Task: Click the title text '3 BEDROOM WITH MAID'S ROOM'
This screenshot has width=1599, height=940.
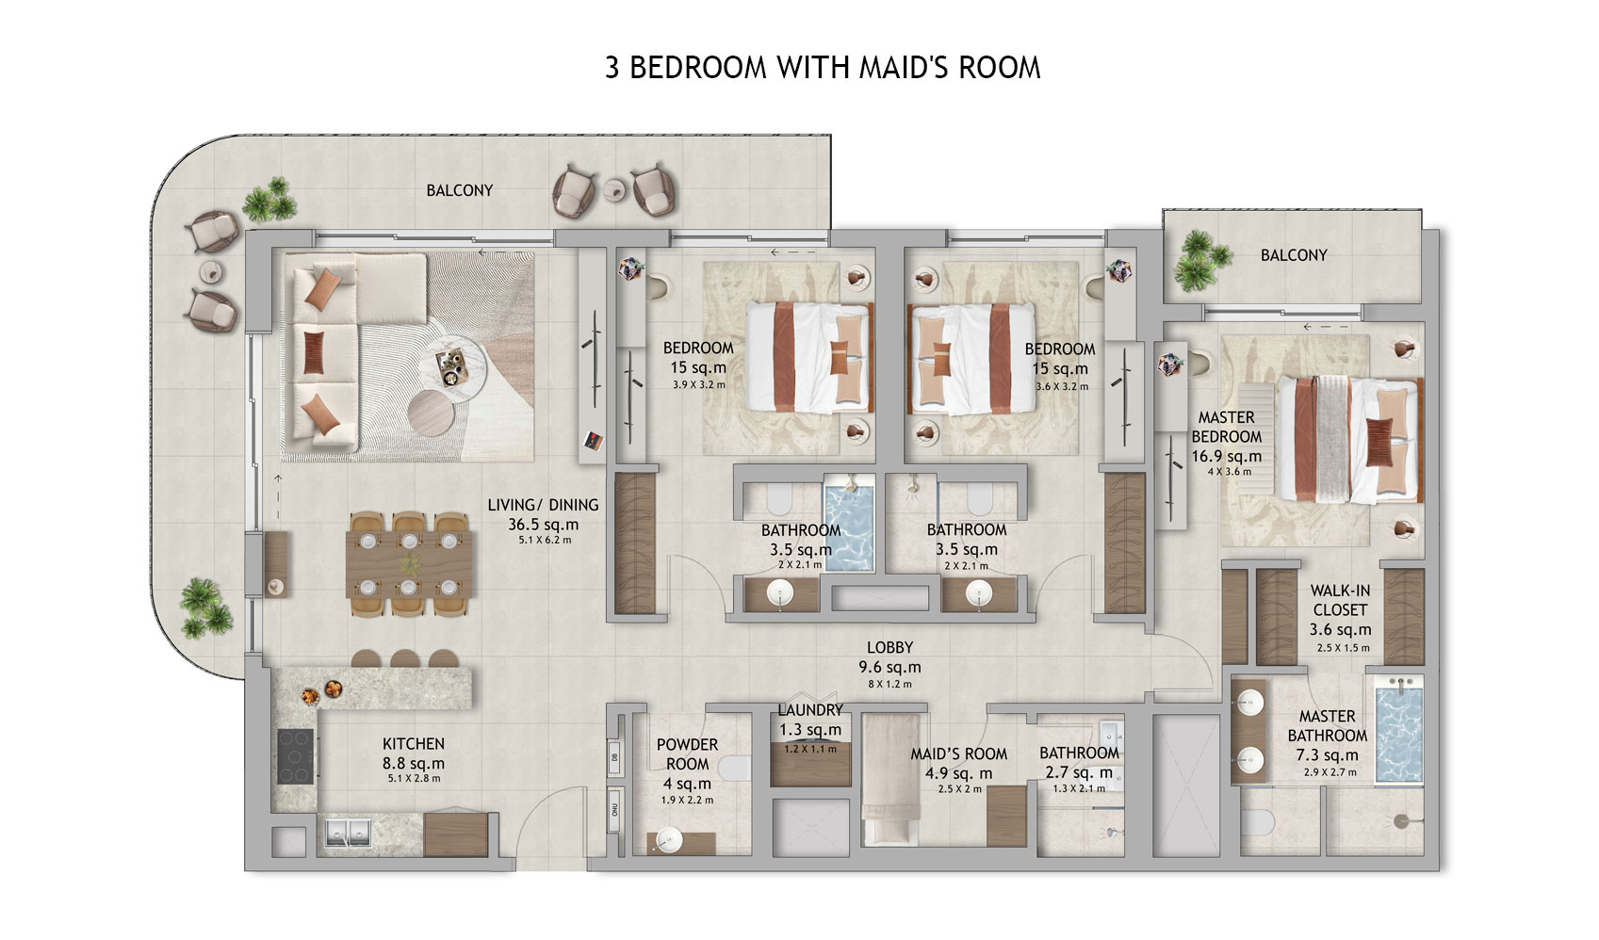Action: [823, 68]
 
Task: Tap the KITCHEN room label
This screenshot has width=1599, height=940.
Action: [414, 744]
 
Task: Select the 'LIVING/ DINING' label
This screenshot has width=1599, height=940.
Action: [543, 505]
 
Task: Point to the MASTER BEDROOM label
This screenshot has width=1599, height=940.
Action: [1226, 427]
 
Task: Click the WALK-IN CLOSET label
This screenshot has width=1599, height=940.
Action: [1340, 600]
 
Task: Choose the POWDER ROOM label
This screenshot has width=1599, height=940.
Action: [687, 754]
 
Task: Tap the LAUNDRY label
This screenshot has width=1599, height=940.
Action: [809, 710]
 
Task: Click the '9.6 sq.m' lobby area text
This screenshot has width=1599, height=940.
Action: [889, 667]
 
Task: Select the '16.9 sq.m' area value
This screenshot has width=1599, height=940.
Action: [1226, 457]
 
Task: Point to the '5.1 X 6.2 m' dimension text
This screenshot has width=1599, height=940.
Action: [545, 540]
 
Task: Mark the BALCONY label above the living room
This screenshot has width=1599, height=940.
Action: [459, 190]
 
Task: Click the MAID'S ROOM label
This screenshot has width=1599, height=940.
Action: [958, 754]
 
